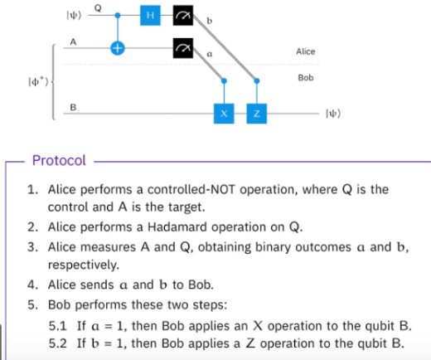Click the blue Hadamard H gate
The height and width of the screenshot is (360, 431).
click(x=150, y=15)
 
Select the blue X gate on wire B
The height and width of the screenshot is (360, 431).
click(x=224, y=114)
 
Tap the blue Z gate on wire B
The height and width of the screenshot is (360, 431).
click(x=257, y=114)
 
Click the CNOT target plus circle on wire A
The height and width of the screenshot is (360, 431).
click(x=118, y=48)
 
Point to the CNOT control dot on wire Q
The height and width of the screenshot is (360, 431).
click(x=118, y=15)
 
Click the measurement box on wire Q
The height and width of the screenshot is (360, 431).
click(x=183, y=15)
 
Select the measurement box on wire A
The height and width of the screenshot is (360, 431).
click(x=183, y=48)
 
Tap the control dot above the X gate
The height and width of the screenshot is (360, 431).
click(x=224, y=80)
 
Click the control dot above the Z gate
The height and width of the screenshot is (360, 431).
click(x=257, y=80)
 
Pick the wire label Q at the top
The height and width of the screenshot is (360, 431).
click(x=98, y=8)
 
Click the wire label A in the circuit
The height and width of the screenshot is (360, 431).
click(x=73, y=41)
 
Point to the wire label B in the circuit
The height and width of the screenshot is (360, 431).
click(x=73, y=107)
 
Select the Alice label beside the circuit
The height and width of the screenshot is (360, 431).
click(x=306, y=51)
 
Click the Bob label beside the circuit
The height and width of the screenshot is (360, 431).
click(x=306, y=78)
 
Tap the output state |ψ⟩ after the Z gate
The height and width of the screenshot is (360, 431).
click(x=333, y=114)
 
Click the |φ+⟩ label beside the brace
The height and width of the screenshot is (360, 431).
click(x=38, y=82)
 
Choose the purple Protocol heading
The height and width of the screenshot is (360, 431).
click(x=59, y=160)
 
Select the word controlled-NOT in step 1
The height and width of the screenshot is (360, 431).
click(x=191, y=190)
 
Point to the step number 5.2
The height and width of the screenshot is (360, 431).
click(x=58, y=343)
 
